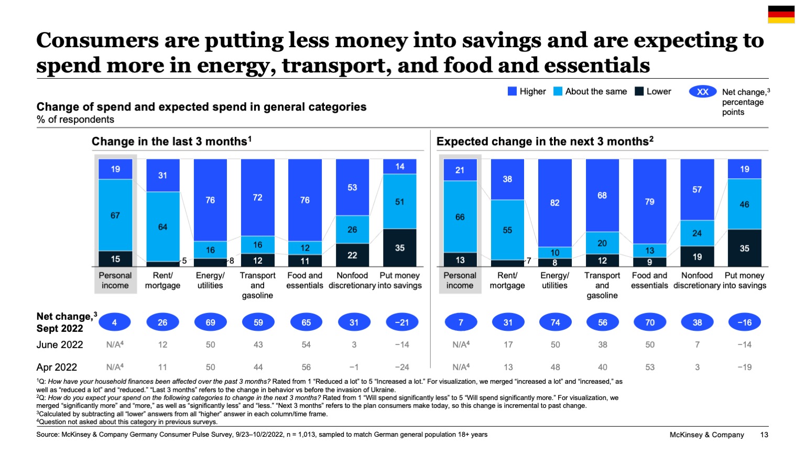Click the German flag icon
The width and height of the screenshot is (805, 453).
[x=781, y=15]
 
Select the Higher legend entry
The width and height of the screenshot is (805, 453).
[x=527, y=91]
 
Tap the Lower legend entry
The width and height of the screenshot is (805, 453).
[x=653, y=91]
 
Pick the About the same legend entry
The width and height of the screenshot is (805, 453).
[x=590, y=91]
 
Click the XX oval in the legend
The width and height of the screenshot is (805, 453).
[x=702, y=92]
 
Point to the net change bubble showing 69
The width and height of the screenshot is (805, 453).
[x=210, y=322]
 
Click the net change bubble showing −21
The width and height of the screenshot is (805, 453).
[x=401, y=322]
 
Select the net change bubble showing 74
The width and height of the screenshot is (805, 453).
[x=555, y=322]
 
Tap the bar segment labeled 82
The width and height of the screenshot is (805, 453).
[x=554, y=202]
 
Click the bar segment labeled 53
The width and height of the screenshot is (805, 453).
[x=352, y=187]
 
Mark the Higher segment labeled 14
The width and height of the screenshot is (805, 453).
[x=400, y=167]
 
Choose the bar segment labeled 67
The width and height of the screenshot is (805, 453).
[x=115, y=215]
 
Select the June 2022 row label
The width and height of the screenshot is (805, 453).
[x=60, y=344]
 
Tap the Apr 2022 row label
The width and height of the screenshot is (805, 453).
[x=57, y=367]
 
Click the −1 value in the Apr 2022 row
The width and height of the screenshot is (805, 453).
[x=354, y=367]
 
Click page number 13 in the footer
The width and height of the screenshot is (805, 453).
[x=764, y=435]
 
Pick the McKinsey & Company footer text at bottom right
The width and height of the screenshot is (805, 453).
[x=706, y=435]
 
